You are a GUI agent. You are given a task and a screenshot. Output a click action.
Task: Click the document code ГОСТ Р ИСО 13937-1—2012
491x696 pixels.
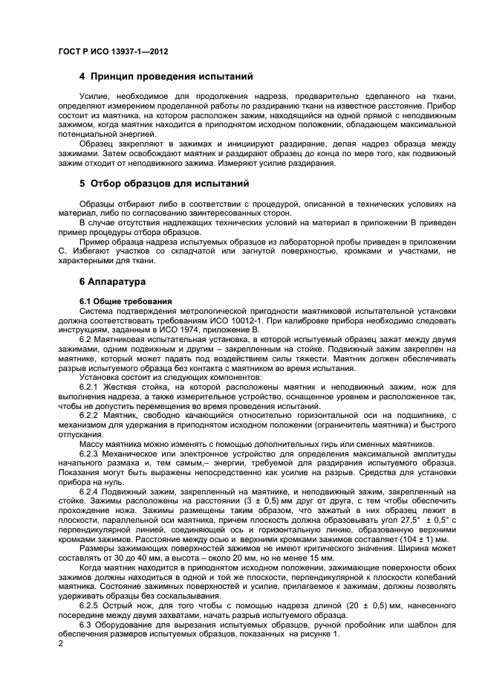112,51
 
